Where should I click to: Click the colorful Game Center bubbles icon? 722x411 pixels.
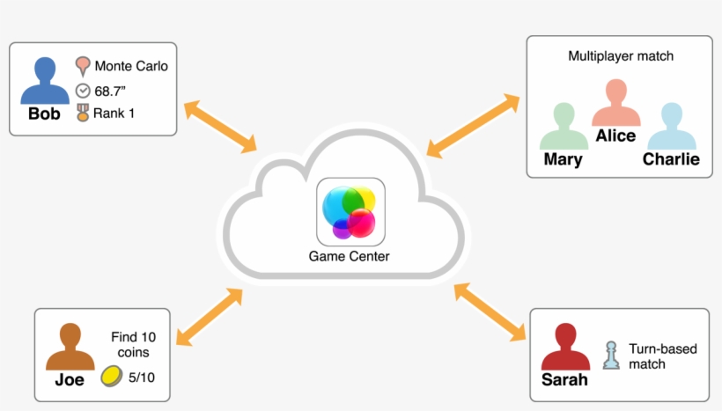350,212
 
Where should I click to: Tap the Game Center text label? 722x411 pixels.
349,257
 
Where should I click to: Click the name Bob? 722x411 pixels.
44,114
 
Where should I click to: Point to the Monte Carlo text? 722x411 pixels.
130,66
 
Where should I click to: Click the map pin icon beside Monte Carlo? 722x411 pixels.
83,65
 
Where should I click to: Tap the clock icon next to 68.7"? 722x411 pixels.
83,90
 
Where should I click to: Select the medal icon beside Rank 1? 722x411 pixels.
83,113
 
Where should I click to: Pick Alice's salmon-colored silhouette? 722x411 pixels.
615,104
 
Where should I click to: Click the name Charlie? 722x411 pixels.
671,159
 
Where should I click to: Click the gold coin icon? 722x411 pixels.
110,377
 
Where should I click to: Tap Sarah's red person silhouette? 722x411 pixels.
564,348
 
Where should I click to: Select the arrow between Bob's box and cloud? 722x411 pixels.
220,126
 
